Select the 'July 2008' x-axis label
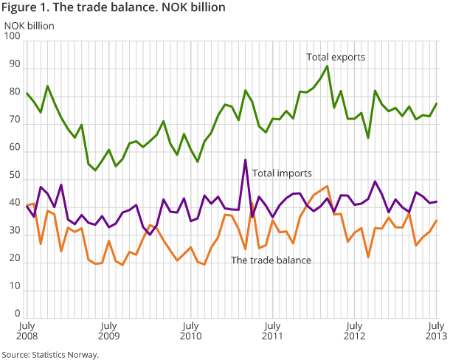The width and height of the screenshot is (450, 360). pos(27,330)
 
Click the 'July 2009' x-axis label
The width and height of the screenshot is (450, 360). pos(108,330)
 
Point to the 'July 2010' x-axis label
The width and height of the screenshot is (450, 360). pos(190,330)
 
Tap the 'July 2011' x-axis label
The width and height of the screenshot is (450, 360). pos(272,330)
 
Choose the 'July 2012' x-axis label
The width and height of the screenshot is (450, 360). pos(355,330)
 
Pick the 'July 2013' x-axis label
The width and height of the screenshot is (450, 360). pos(436,330)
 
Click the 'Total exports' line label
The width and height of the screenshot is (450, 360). pos(336,57)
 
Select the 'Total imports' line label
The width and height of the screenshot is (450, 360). pos(282,173)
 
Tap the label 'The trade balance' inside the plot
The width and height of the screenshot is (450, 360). pos(271,260)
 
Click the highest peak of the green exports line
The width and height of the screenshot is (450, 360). pos(327,66)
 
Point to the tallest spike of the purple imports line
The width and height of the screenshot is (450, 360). pos(245,159)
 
